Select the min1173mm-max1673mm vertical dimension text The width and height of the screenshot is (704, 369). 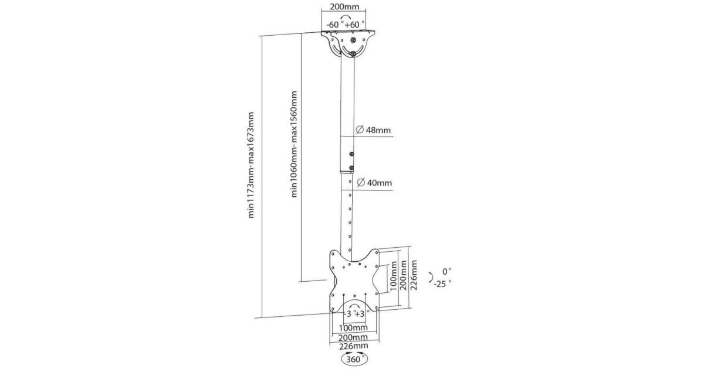tap(252, 165)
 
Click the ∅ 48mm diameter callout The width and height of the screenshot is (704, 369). tap(373, 129)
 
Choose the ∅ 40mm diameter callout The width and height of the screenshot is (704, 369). tap(373, 183)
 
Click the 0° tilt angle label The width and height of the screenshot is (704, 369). tap(447, 272)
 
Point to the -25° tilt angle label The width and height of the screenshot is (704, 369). tap(443, 283)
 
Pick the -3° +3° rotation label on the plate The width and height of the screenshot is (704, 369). tap(354, 313)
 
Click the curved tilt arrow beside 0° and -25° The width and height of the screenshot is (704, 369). tap(431, 277)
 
